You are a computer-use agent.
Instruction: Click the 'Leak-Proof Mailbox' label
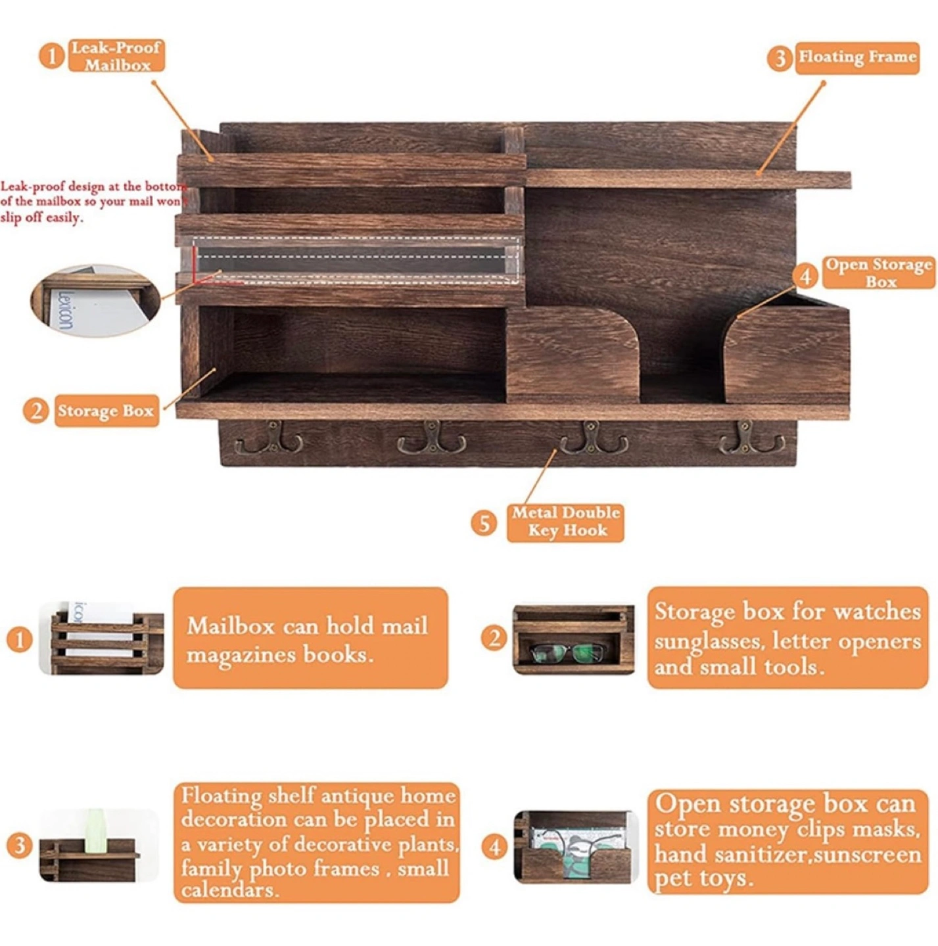(x=116, y=56)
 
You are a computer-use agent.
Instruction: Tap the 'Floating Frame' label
(x=856, y=58)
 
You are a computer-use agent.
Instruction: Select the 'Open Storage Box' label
(x=879, y=273)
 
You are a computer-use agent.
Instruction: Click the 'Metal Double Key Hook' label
(x=565, y=523)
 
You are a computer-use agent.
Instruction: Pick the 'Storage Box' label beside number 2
(x=106, y=411)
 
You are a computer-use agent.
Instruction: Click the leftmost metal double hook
(x=270, y=438)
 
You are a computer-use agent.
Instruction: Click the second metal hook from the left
(x=431, y=438)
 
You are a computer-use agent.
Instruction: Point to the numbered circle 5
(x=484, y=524)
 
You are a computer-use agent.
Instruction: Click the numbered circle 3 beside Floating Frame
(x=780, y=58)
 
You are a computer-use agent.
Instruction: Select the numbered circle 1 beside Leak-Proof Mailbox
(x=52, y=56)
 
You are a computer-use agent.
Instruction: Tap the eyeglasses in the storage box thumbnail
(x=567, y=652)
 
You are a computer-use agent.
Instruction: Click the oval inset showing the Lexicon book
(x=96, y=300)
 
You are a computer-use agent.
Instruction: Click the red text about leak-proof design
(x=93, y=202)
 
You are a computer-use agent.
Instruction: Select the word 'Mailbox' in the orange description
(x=231, y=627)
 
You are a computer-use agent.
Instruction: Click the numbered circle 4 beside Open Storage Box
(x=805, y=277)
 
